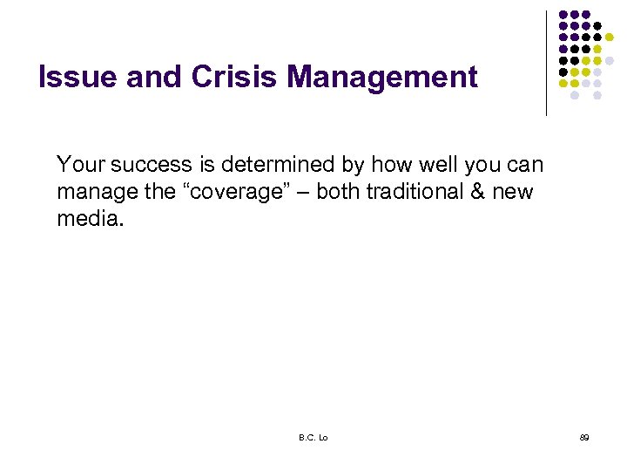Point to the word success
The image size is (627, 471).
click(x=140, y=164)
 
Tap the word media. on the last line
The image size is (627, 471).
click(x=91, y=219)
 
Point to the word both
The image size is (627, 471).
click(x=335, y=192)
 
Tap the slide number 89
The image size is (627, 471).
click(x=584, y=438)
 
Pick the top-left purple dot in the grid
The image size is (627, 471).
click(x=563, y=15)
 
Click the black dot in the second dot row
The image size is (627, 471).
click(x=597, y=26)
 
